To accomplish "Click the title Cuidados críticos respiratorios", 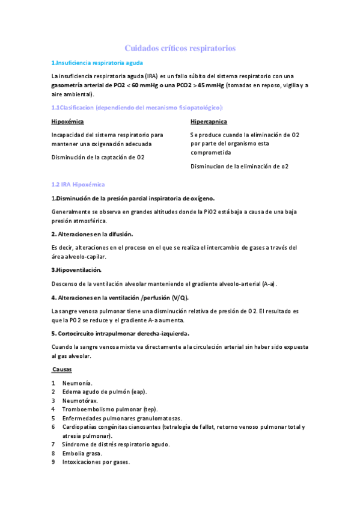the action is (180, 48).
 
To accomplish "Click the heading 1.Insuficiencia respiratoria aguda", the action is (97, 63).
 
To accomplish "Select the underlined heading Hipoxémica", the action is (67, 121).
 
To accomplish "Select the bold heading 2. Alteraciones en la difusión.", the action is (92, 233).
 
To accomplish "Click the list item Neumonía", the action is (78, 383).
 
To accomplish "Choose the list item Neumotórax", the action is (80, 401).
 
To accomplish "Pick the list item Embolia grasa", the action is (82, 453).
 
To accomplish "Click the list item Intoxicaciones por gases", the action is (96, 462).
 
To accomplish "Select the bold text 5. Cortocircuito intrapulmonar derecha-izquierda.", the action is (120, 333).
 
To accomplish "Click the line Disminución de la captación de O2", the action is (98, 158).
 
